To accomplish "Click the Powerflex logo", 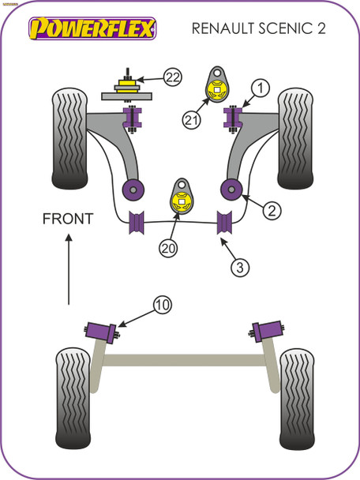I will tap(92, 29).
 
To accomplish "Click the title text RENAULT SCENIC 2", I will tap(257, 30).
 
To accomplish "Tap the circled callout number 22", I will tap(173, 77).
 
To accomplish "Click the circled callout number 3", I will tap(241, 268).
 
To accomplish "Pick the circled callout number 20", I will tap(167, 248).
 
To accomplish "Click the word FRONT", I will tap(68, 219).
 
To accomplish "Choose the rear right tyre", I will tap(298, 389).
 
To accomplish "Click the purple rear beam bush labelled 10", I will tap(100, 329).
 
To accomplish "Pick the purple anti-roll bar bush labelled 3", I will tap(225, 223).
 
